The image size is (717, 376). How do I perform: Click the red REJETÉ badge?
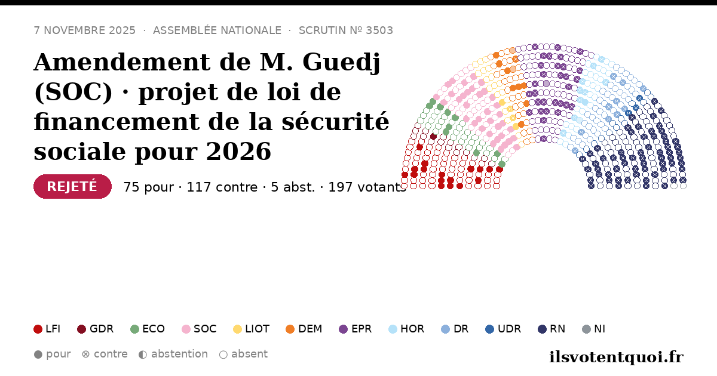(x=72, y=186)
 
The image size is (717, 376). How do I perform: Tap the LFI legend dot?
(x=38, y=329)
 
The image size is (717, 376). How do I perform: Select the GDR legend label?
(x=102, y=329)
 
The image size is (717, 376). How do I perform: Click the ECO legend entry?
(x=148, y=329)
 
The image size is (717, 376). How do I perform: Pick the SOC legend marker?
(x=186, y=329)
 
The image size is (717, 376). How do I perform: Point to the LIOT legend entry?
(x=252, y=329)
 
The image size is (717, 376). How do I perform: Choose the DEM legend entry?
(x=304, y=329)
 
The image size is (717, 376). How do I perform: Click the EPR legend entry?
(x=356, y=329)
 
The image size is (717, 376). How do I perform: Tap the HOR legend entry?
(x=406, y=329)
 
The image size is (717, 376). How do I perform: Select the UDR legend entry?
(x=503, y=329)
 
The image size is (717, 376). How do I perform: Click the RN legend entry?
(x=551, y=329)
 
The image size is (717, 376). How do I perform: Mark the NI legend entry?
(x=593, y=329)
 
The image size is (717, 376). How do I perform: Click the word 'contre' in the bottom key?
(x=111, y=355)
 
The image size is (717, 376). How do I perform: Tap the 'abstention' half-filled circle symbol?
(x=143, y=355)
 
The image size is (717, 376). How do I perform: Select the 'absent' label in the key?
(x=249, y=355)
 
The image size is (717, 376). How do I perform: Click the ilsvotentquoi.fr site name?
(x=617, y=357)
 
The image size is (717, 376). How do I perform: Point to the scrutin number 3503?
(x=379, y=30)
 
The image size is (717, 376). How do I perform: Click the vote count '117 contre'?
(x=222, y=187)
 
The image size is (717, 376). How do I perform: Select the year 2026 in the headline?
(x=238, y=151)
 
